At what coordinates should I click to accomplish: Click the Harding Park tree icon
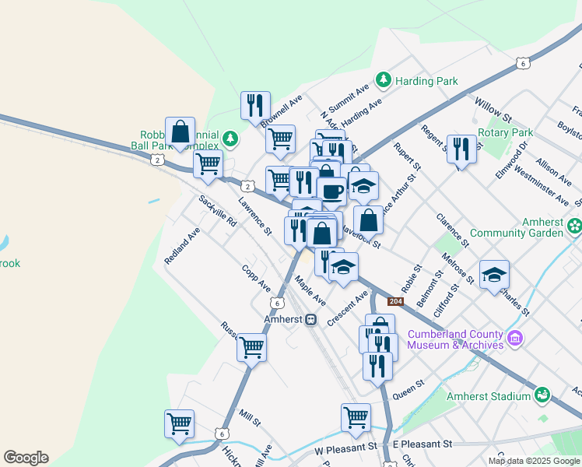[x=383, y=79]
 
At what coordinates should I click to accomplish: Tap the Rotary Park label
[x=506, y=133]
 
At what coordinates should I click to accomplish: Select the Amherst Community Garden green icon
[x=574, y=226]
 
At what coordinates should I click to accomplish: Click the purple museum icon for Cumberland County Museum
[x=514, y=339]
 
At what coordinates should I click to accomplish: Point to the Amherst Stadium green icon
[x=543, y=396]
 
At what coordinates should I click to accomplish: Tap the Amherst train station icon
[x=310, y=319]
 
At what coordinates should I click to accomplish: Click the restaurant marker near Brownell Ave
[x=255, y=105]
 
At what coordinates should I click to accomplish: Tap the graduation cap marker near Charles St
[x=494, y=275]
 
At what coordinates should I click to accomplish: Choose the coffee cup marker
[x=331, y=190]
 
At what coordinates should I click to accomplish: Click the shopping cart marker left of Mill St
[x=179, y=424]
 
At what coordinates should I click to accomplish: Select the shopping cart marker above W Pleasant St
[x=356, y=416]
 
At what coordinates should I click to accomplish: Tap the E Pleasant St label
[x=422, y=444]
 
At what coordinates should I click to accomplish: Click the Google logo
[x=26, y=458]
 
